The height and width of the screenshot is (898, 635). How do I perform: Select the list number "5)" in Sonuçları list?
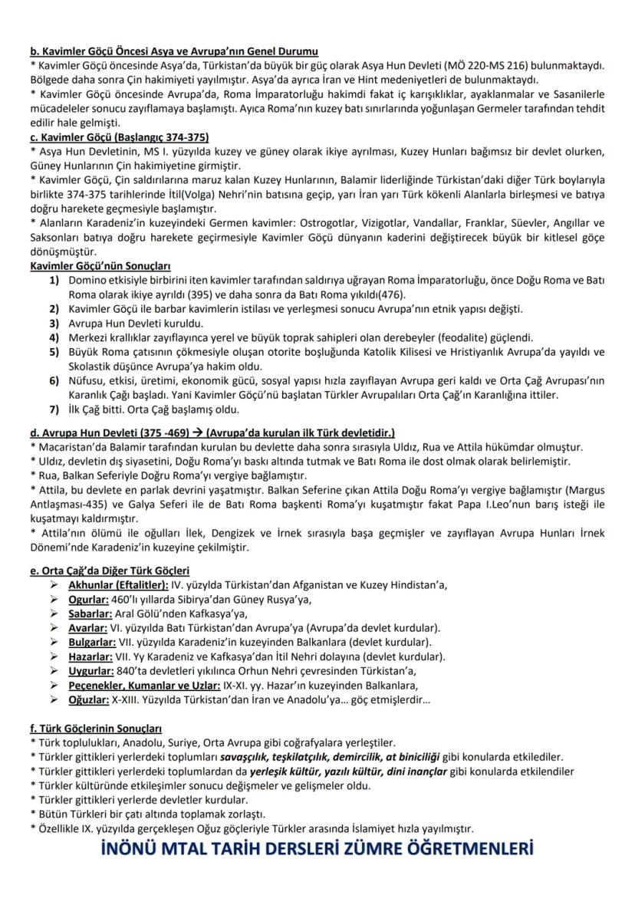[54, 351]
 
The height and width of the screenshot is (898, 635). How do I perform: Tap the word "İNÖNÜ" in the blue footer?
[135, 850]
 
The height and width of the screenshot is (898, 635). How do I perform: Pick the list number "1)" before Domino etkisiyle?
[54, 281]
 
